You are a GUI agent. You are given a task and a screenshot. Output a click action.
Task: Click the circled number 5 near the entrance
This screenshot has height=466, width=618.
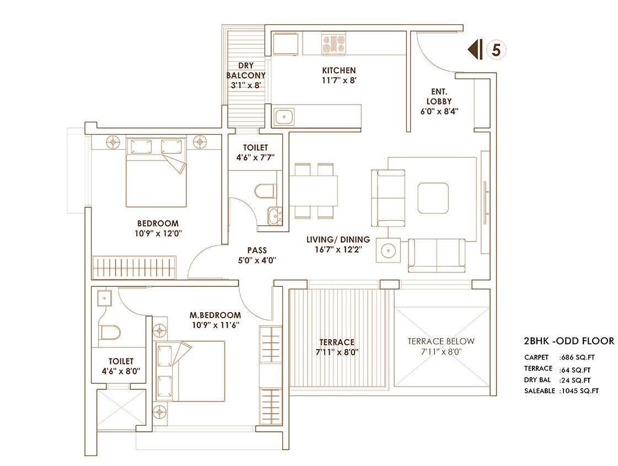pos(496,50)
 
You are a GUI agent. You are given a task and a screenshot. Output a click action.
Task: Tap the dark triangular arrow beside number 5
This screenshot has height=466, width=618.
pos(473,50)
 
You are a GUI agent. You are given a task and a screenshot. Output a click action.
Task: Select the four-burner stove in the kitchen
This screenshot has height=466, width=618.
pos(335,45)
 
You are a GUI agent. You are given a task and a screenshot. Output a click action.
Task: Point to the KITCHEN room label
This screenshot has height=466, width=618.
pos(338,71)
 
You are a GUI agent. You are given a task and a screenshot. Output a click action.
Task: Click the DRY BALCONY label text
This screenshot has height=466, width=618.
pos(248,70)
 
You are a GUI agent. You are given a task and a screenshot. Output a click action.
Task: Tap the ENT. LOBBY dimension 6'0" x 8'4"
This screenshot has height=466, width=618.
pos(439,111)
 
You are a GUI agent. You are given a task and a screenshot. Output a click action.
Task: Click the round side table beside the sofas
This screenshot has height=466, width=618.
pos(388,250)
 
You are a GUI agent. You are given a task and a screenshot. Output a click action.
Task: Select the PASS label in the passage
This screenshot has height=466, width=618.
pos(257,250)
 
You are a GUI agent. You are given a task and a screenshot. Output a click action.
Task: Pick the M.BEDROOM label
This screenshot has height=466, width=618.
pos(215,315)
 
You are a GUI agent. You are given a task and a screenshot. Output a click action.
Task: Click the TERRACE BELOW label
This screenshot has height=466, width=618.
pos(440,341)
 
